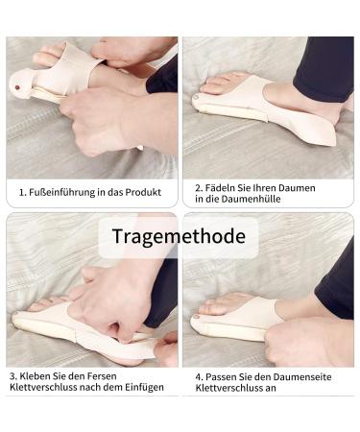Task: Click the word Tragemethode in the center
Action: pos(178,235)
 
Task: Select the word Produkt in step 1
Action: pos(139,193)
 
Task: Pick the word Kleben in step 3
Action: pos(38,375)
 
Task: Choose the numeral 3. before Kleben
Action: pos(14,375)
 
